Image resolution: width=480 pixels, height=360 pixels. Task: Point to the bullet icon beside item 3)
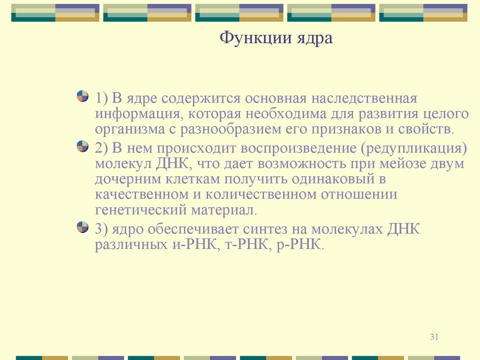[x=82, y=228]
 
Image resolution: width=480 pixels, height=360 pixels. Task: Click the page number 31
[x=434, y=337]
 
